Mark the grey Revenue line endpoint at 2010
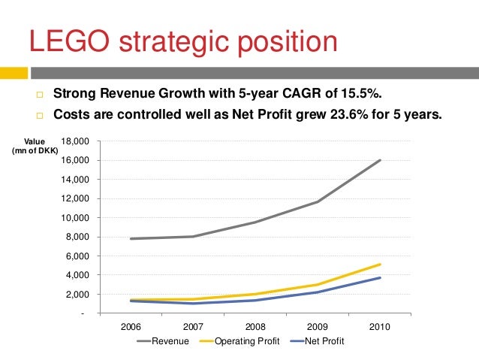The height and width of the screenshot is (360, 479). (381, 160)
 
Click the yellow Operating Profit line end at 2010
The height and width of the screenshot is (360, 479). (381, 265)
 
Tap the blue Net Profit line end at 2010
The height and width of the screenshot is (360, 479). (381, 278)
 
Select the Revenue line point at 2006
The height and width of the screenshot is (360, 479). (131, 239)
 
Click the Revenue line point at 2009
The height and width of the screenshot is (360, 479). (318, 201)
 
